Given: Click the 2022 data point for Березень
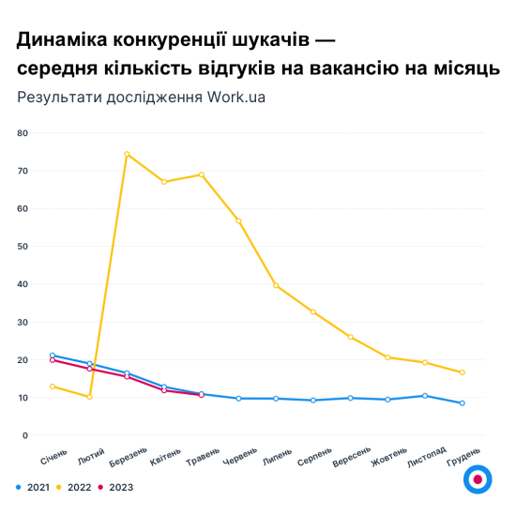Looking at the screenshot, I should (x=127, y=154).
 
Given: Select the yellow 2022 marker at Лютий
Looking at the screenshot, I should (x=89, y=397).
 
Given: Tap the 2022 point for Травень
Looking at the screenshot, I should (x=201, y=175).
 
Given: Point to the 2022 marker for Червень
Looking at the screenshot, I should (x=238, y=220).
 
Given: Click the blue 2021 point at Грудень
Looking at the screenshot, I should (x=462, y=403).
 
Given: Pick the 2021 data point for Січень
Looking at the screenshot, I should (x=53, y=356).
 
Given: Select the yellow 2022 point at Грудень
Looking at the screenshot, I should (x=462, y=372).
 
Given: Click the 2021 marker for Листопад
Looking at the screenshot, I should (x=424, y=396).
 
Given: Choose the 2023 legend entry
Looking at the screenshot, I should (x=116, y=487).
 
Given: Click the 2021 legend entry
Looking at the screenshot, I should (x=34, y=487).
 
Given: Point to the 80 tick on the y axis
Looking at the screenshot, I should (x=23, y=133).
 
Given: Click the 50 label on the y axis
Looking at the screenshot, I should (x=23, y=247).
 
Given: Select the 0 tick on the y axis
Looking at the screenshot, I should (x=25, y=435).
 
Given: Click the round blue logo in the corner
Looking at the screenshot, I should (x=478, y=478).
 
